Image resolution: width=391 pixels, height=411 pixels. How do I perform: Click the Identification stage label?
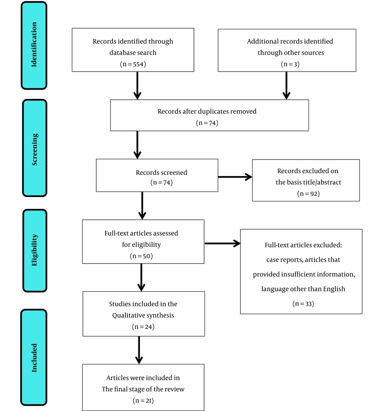(34, 45)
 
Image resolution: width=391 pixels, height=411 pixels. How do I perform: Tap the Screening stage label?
(34, 149)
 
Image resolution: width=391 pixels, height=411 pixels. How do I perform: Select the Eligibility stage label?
(34, 250)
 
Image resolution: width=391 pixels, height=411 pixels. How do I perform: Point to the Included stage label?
(34, 358)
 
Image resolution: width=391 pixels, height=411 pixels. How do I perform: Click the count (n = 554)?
(133, 64)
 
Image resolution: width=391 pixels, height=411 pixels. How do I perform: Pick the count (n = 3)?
(290, 64)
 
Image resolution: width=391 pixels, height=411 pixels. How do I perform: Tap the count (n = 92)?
(308, 194)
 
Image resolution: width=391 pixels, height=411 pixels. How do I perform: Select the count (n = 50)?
(141, 256)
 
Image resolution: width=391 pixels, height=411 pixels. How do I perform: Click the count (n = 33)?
(303, 304)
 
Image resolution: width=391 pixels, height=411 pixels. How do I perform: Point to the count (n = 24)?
(143, 327)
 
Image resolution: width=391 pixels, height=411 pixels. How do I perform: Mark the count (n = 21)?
(143, 401)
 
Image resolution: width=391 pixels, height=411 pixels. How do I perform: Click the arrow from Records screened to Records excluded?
(235, 177)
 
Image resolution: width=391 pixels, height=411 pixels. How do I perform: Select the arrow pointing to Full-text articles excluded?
(222, 244)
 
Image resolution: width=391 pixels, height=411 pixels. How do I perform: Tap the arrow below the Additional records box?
(287, 86)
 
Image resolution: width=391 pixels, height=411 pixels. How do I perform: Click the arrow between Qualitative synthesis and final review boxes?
(139, 350)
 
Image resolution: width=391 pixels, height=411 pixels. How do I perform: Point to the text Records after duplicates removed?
(207, 112)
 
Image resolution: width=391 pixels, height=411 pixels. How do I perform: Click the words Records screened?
(161, 172)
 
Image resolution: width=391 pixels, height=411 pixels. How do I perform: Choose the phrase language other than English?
(303, 289)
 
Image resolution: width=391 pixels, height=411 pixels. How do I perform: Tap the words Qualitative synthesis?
(143, 315)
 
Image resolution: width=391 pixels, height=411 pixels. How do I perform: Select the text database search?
(133, 53)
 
